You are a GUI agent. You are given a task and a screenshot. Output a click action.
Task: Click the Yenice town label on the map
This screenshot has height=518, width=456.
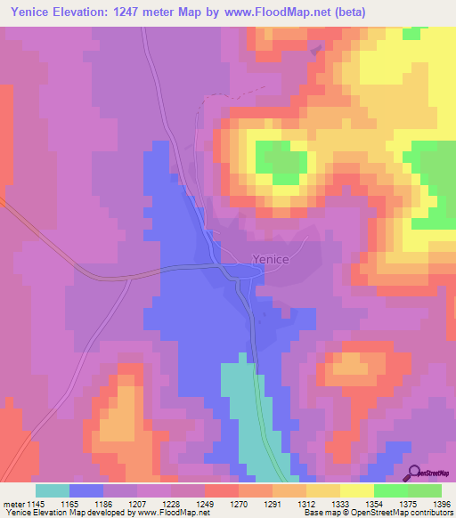click(x=270, y=259)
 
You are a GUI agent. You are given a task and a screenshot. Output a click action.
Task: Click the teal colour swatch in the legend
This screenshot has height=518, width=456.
click(x=53, y=490)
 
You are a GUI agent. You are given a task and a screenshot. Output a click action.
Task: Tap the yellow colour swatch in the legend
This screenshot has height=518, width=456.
click(x=356, y=490)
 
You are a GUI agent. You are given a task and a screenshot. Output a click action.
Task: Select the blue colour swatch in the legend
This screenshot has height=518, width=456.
click(x=86, y=490)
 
